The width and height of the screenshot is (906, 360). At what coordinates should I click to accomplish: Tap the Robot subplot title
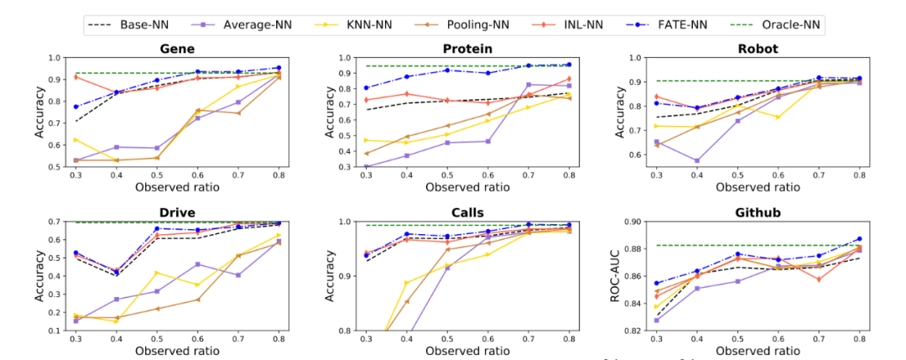(759, 49)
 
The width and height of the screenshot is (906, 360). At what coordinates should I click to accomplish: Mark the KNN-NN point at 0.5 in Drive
(156, 273)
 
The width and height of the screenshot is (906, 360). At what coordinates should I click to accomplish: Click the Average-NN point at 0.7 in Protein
(528, 84)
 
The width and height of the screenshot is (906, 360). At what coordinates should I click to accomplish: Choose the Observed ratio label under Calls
(466, 348)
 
